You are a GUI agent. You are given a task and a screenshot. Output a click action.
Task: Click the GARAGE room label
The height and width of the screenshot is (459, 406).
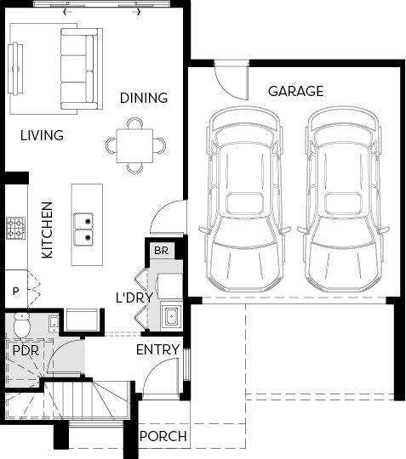click(296, 91)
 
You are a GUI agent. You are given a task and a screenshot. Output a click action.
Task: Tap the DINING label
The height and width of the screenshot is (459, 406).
click(144, 98)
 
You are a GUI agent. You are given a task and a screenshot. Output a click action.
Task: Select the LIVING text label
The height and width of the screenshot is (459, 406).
click(42, 135)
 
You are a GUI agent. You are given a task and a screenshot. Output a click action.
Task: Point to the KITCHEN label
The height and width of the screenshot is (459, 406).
click(47, 230)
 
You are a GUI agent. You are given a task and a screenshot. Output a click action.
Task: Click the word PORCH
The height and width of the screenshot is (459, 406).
click(163, 436)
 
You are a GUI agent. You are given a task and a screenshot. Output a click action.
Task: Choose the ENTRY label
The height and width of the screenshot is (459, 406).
click(157, 349)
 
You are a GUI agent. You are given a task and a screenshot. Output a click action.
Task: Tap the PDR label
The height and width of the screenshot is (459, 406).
click(26, 350)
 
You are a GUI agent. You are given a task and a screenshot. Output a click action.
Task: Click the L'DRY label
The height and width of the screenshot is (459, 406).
click(134, 297)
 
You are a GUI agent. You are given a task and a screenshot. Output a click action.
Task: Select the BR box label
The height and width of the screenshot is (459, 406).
click(161, 251)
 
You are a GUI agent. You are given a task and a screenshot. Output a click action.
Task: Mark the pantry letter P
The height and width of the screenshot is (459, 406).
click(16, 292)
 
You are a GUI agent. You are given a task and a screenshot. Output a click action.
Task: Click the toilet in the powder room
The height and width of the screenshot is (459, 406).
click(22, 325)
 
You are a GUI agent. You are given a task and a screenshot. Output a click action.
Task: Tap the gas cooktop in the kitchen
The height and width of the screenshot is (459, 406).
click(16, 229)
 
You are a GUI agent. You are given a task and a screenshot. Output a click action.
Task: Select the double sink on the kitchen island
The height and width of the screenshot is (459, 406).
click(83, 229)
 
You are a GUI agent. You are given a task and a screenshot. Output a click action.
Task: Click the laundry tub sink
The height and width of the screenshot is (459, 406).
click(171, 316)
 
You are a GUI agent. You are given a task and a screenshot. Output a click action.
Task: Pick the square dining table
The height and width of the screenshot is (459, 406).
click(134, 145)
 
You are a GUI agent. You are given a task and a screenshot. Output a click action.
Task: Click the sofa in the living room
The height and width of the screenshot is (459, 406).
click(82, 69)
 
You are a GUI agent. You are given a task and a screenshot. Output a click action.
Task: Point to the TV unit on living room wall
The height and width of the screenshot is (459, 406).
click(15, 69)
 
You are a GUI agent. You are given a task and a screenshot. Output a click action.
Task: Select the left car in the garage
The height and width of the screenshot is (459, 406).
click(245, 199)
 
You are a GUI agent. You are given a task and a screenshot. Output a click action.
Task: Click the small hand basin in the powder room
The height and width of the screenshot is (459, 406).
click(54, 325)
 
